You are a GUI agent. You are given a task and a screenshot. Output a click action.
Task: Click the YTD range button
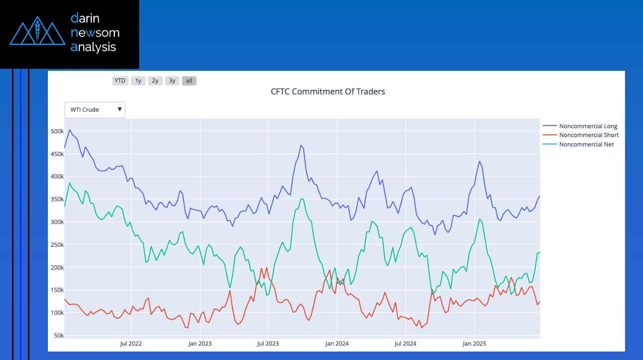tap(120, 81)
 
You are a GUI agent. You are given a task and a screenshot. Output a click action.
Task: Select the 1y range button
tap(138, 81)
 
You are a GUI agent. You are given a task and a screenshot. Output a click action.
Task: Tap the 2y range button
tap(155, 81)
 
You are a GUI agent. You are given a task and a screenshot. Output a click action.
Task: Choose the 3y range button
tap(172, 81)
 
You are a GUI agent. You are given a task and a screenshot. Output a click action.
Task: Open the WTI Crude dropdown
tap(95, 110)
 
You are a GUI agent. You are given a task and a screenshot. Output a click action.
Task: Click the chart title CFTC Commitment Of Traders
tap(328, 92)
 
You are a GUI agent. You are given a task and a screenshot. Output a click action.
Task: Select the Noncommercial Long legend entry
tap(588, 126)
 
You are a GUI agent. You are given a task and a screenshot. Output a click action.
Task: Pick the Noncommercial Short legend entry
tap(589, 135)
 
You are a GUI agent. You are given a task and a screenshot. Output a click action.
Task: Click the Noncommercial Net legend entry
tap(586, 145)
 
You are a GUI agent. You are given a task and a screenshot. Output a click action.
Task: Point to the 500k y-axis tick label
tap(57, 131)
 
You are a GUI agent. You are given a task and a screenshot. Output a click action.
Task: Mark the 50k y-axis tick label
tap(58, 336)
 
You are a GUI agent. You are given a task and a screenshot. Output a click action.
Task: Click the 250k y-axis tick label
tap(57, 245)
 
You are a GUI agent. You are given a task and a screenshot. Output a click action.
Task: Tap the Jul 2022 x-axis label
tap(131, 344)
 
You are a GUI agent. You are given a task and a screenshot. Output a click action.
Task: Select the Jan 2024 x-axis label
tap(337, 344)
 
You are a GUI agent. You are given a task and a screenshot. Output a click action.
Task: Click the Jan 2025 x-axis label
tap(474, 344)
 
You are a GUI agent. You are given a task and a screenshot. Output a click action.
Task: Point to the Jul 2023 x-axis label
tap(268, 344)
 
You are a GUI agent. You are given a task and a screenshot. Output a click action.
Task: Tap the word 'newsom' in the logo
tap(95, 33)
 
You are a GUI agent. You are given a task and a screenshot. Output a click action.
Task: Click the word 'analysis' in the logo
tap(93, 47)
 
